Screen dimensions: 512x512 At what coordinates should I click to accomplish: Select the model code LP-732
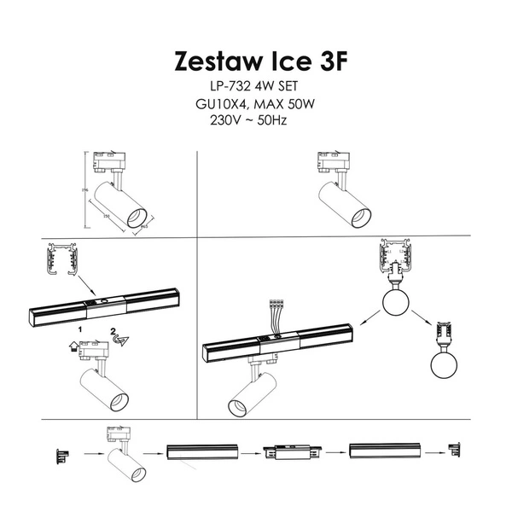click(x=228, y=88)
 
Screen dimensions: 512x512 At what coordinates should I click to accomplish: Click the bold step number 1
click(x=80, y=329)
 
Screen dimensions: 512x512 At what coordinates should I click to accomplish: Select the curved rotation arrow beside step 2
click(x=120, y=340)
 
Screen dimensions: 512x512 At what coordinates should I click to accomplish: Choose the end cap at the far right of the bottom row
click(x=454, y=450)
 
